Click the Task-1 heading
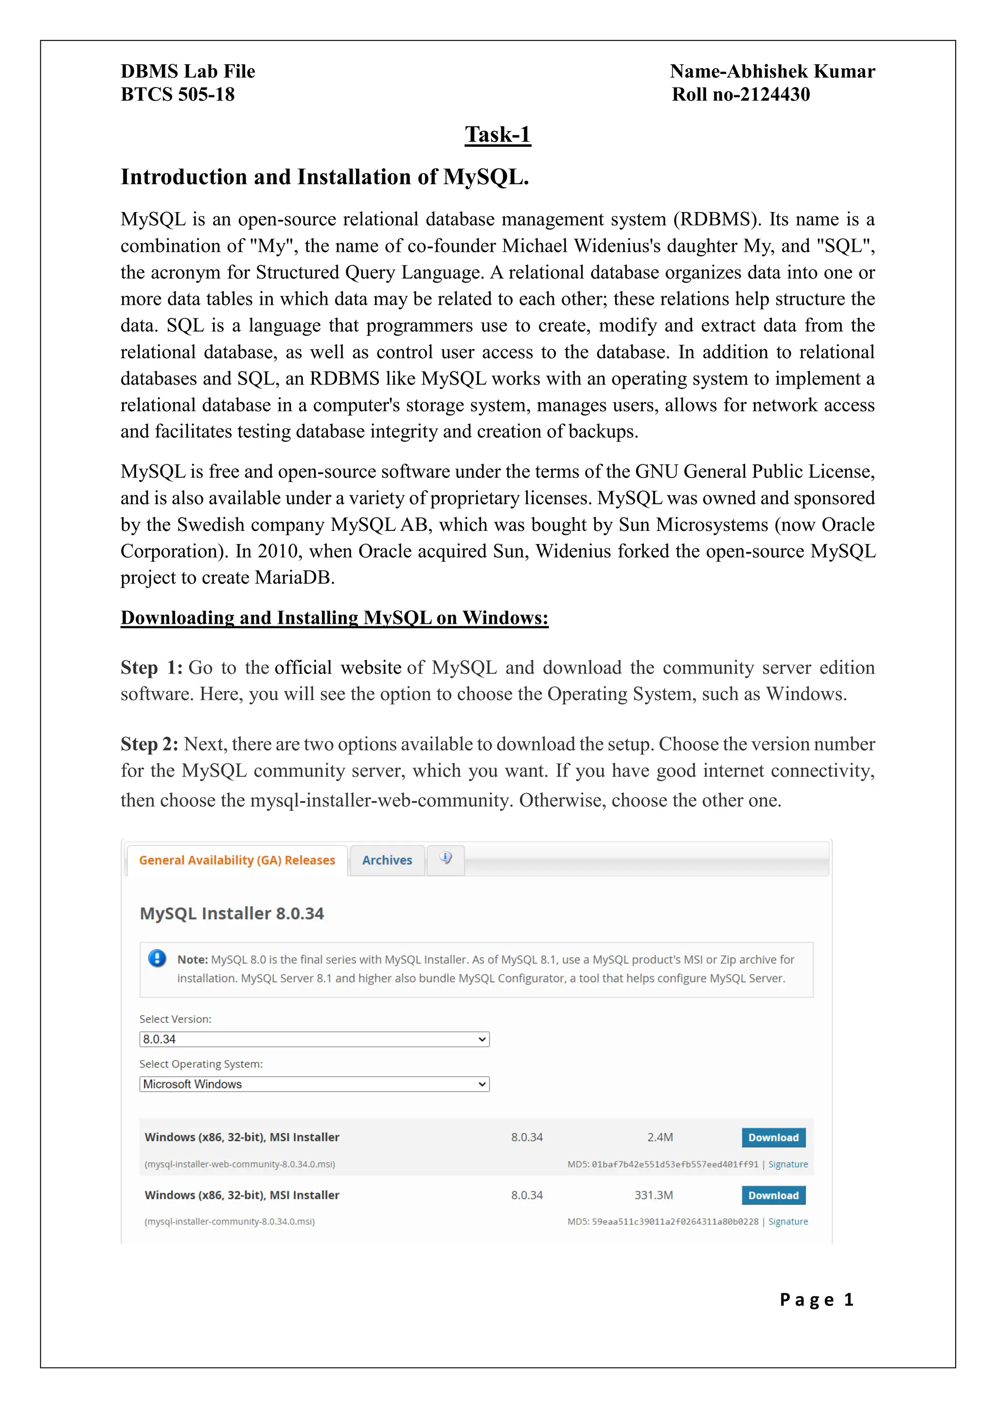[498, 134]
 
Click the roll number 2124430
[775, 94]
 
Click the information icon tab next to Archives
[446, 859]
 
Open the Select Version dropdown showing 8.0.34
[314, 1039]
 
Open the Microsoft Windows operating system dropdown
[314, 1084]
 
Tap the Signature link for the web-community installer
[787, 1164]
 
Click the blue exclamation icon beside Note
[157, 958]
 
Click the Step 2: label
[149, 744]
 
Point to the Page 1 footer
[817, 1300]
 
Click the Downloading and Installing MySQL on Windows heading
[334, 617]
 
